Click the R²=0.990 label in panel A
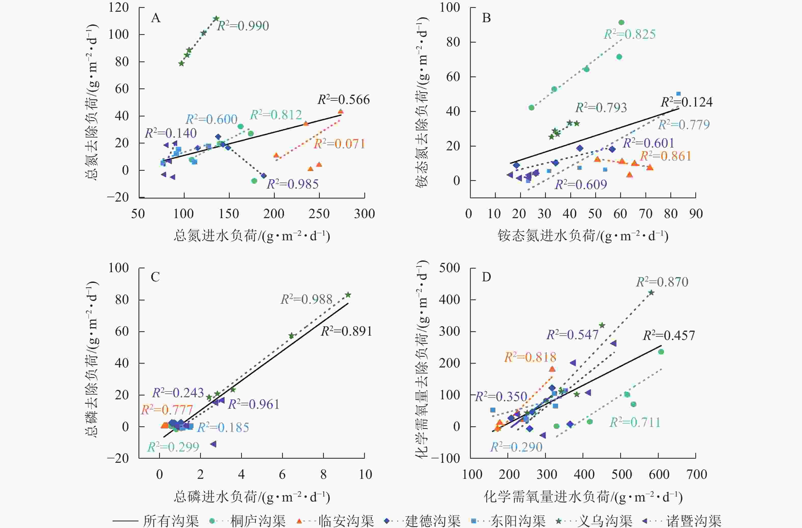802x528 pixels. pos(243,26)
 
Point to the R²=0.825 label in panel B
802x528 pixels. pos(630,34)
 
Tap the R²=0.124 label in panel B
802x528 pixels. pos(687,102)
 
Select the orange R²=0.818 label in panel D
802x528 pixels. pos(530,357)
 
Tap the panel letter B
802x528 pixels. pos(486,18)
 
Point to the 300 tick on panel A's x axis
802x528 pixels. pos(364,214)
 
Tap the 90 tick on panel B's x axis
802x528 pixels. pos(696,214)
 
